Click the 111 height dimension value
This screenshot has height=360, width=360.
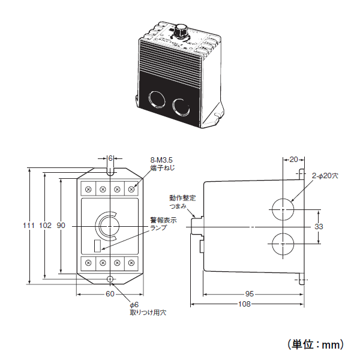pyautogui.click(x=29, y=226)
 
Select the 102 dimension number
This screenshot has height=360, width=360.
pyautogui.click(x=45, y=226)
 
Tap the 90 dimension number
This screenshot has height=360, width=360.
pyautogui.click(x=61, y=226)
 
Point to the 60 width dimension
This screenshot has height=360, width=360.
pyautogui.click(x=110, y=294)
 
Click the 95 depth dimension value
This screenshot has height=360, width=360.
pyautogui.click(x=250, y=294)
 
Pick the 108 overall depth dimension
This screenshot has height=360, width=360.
pyautogui.click(x=244, y=304)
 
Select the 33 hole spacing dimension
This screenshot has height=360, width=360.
pyautogui.click(x=319, y=227)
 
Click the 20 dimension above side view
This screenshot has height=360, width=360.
pyautogui.click(x=293, y=160)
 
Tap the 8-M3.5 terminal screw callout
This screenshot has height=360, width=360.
pyautogui.click(x=163, y=164)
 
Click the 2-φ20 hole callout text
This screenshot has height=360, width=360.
pyautogui.click(x=325, y=176)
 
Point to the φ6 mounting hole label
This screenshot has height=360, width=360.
pyautogui.click(x=148, y=308)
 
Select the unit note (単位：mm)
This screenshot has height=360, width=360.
pyautogui.click(x=316, y=344)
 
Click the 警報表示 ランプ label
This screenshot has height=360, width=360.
pyautogui.click(x=163, y=224)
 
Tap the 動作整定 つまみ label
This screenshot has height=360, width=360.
pyautogui.click(x=182, y=202)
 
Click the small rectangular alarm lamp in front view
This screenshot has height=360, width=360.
pyautogui.click(x=98, y=246)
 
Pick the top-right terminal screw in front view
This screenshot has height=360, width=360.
pyautogui.click(x=131, y=190)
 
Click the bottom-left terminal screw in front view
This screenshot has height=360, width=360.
pyautogui.click(x=88, y=263)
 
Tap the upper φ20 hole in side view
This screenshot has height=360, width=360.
pyautogui.click(x=283, y=209)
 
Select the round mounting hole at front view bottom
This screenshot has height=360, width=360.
pyautogui.click(x=110, y=279)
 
